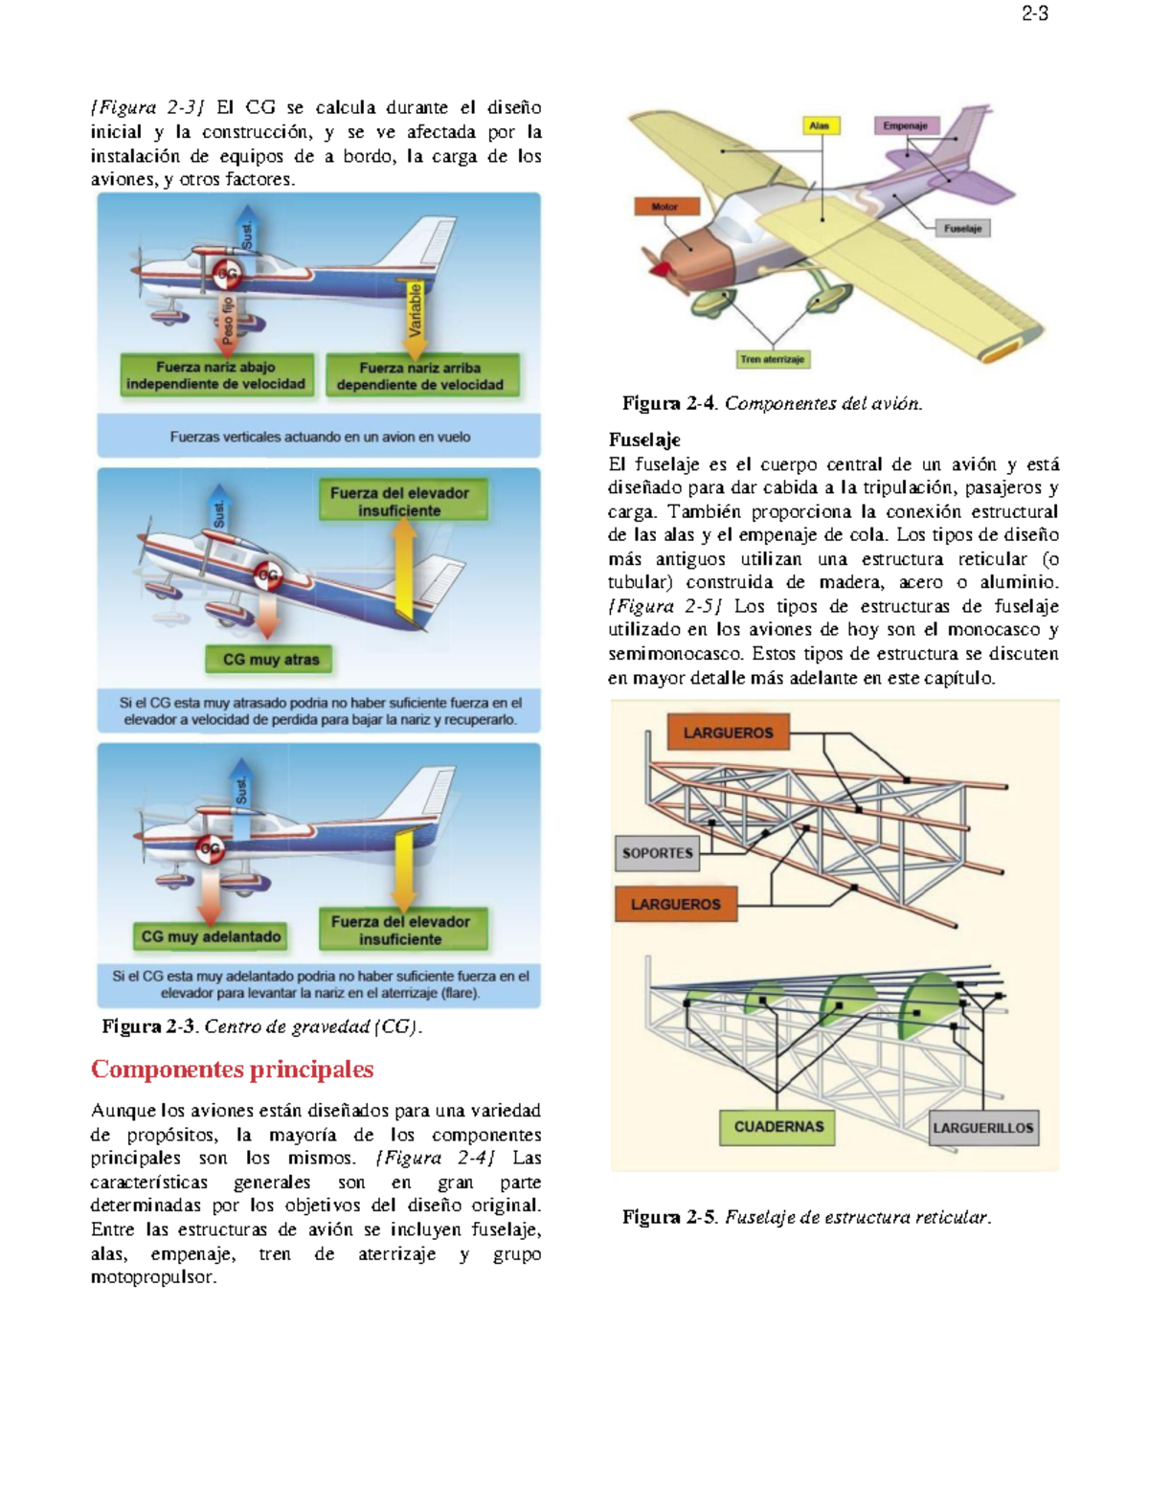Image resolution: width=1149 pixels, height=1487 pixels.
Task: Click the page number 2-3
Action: tap(1034, 13)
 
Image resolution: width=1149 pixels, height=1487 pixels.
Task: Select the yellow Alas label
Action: tap(820, 125)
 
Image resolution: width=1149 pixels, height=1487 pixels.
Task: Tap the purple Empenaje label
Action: tap(905, 125)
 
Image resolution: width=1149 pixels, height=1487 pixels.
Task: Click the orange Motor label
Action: tap(665, 206)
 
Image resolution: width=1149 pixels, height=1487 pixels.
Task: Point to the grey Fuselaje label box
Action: tap(962, 228)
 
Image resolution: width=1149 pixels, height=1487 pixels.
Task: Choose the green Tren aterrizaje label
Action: tap(773, 359)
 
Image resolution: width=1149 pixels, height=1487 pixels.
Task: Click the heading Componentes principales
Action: tap(232, 1069)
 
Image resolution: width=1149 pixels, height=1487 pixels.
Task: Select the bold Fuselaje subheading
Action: tap(644, 439)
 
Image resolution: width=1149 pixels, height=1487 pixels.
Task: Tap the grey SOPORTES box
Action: tap(657, 852)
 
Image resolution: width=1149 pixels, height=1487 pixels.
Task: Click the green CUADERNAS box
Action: tap(777, 1127)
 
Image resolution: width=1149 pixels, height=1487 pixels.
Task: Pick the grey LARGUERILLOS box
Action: tap(983, 1128)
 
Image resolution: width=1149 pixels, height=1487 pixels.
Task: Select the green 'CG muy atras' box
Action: tap(270, 659)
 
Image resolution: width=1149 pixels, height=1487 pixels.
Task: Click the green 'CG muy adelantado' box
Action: tap(211, 936)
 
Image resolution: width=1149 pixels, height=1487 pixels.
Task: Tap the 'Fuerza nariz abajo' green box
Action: tap(216, 375)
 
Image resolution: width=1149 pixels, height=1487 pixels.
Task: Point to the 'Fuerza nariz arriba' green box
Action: tap(420, 375)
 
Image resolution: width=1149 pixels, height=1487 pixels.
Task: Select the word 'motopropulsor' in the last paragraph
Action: tap(153, 1277)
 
